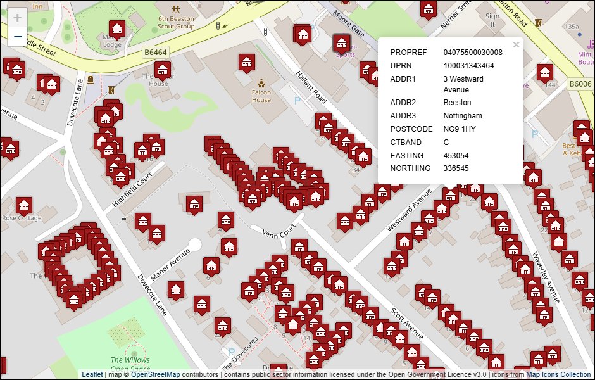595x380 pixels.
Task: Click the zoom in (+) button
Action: click(18, 18)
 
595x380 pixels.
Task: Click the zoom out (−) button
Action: click(18, 37)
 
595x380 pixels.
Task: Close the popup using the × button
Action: click(516, 45)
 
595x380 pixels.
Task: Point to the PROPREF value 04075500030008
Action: click(473, 53)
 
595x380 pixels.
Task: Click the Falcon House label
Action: click(261, 96)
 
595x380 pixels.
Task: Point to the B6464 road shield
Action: click(156, 53)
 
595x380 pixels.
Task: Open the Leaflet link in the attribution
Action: click(92, 374)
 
